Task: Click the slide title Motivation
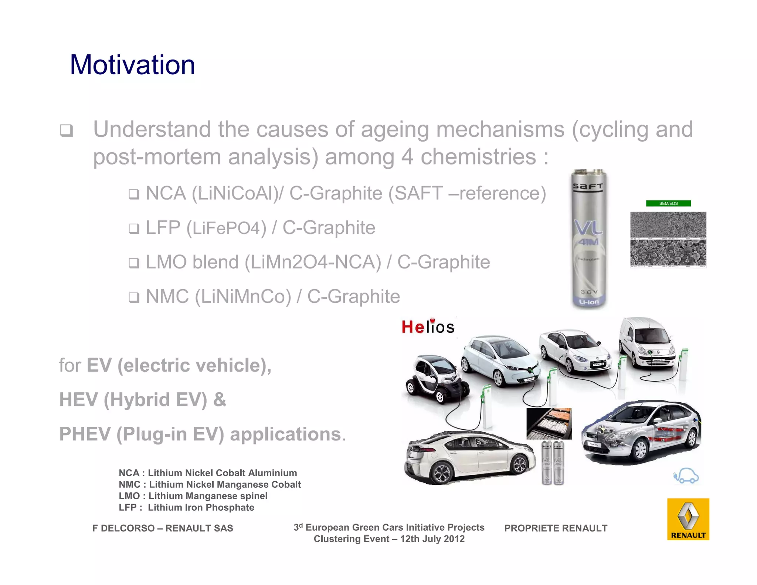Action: (x=132, y=65)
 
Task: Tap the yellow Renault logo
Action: (x=688, y=519)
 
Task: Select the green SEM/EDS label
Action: (x=668, y=203)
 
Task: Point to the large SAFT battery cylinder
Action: (x=589, y=239)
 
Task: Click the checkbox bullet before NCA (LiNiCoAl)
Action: (x=134, y=194)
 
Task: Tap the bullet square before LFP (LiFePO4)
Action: (x=134, y=229)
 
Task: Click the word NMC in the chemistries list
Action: (x=167, y=297)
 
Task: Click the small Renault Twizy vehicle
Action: (x=436, y=379)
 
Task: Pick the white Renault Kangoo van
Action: (x=647, y=344)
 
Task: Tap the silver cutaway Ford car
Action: (x=641, y=433)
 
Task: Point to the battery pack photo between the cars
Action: (x=549, y=424)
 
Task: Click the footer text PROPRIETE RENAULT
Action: (x=556, y=528)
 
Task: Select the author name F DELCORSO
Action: (x=124, y=528)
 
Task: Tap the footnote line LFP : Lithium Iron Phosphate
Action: (x=186, y=507)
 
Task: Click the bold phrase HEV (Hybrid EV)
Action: (x=133, y=400)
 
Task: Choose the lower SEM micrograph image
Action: (x=668, y=253)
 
